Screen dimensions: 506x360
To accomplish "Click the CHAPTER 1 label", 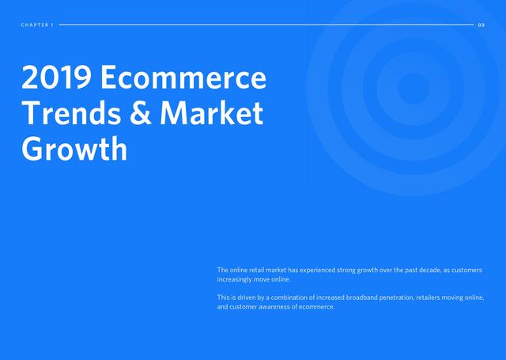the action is point(37,25).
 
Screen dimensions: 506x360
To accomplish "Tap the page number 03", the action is point(481,25).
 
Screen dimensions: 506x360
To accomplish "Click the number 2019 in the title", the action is point(56,78).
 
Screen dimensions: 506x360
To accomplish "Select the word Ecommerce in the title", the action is point(183,78).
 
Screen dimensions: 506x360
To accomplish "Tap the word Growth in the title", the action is point(74,150).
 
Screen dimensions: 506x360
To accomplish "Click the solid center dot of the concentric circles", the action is point(413,88).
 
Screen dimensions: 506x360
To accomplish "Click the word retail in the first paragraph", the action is point(256,270).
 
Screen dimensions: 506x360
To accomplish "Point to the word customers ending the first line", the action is point(466,270).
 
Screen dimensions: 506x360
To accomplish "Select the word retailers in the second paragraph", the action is point(429,297).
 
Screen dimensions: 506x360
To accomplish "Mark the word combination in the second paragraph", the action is point(289,297).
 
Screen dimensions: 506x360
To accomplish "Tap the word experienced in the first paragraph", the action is point(318,270).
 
